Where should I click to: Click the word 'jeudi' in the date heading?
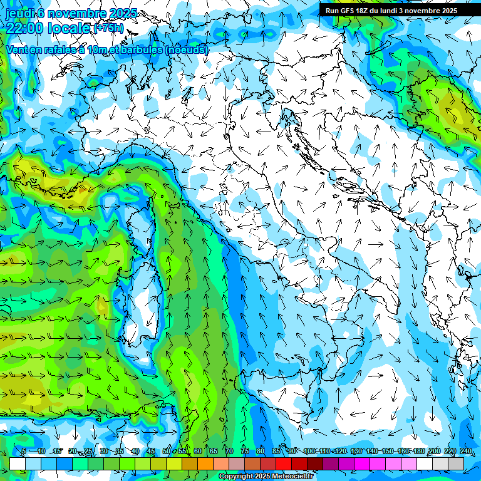[x=19, y=13]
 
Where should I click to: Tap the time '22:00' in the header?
[x=25, y=28]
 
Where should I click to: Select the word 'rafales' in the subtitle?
[x=65, y=49]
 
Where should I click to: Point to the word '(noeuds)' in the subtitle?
[x=186, y=49]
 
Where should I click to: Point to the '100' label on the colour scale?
[x=309, y=452]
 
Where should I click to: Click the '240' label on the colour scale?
[x=466, y=452]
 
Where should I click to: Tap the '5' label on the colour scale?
[x=24, y=452]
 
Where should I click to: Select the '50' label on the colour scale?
[x=167, y=452]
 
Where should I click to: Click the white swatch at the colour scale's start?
[x=18, y=463]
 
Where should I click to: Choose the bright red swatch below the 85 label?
[x=284, y=463]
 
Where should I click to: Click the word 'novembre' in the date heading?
[x=70, y=13]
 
